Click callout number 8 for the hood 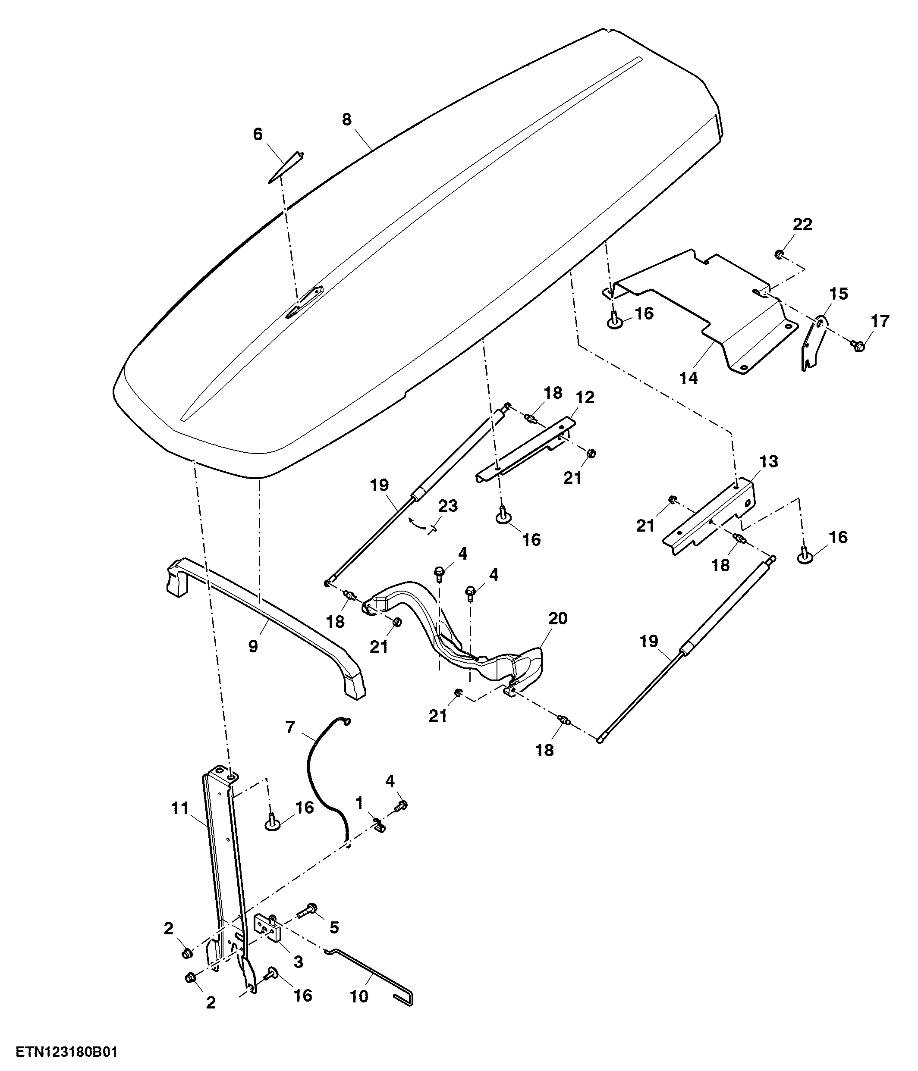pos(346,119)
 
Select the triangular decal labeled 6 pos(286,167)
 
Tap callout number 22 pos(803,224)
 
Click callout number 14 pos(688,379)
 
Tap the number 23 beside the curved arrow pos(448,505)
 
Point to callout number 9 pos(253,646)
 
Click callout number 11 pos(180,808)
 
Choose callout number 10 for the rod pos(359,996)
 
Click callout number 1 pos(359,803)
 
